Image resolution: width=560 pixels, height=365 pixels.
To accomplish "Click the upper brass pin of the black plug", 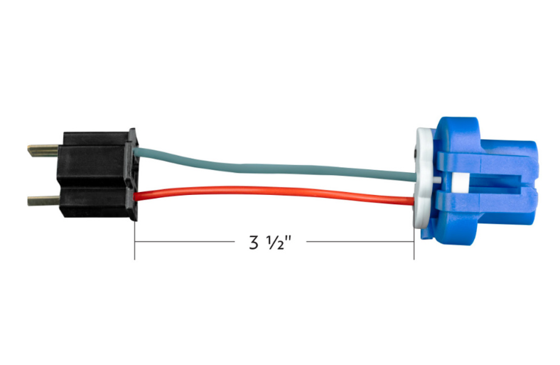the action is (x=43, y=150).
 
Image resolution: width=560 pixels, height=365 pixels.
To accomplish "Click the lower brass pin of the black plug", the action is (x=43, y=201).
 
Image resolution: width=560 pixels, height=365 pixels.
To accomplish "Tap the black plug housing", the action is (x=98, y=174).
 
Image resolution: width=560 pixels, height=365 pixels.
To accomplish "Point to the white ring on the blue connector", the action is (x=424, y=178).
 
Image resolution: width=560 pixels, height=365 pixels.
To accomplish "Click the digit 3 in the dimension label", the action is (x=253, y=242).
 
